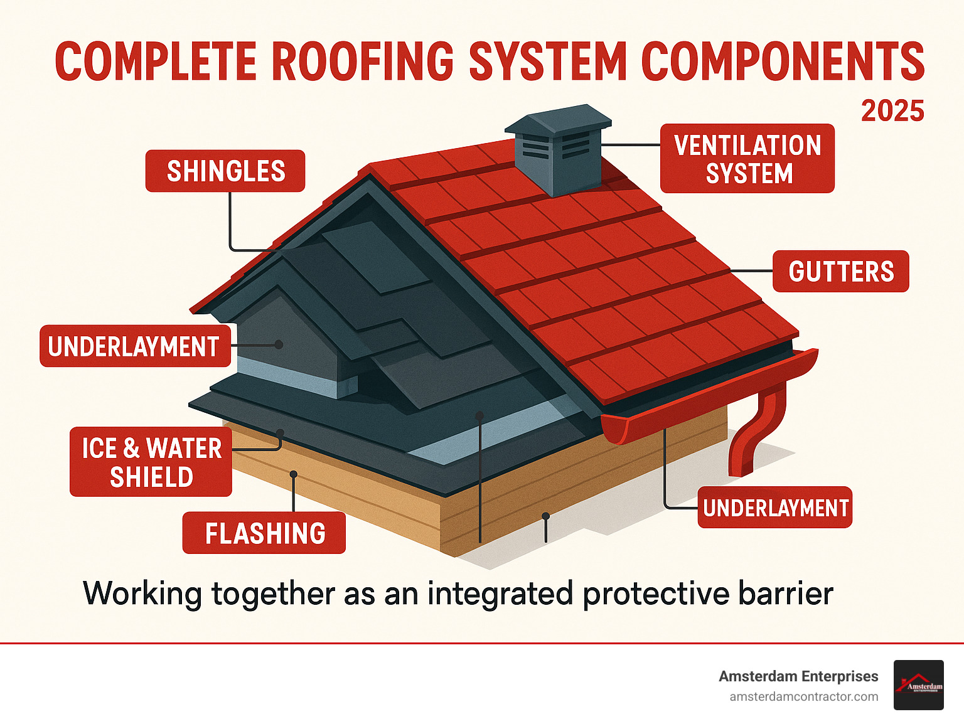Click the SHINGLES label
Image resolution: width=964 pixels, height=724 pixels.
click(x=225, y=171)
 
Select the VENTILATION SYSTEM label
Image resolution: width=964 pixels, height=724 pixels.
click(x=747, y=159)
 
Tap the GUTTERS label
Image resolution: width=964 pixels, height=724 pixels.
click(x=840, y=271)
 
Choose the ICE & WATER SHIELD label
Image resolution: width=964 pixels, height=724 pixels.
click(x=151, y=462)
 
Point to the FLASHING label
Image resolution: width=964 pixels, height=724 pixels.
click(x=264, y=533)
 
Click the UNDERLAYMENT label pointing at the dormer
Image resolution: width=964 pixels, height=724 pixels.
click(x=134, y=346)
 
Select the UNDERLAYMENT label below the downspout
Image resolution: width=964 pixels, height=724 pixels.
click(x=775, y=507)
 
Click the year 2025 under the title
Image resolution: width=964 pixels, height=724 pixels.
click(x=892, y=111)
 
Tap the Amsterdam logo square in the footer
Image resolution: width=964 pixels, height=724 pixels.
click(x=918, y=685)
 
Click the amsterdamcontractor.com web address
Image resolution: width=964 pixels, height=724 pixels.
click(x=803, y=696)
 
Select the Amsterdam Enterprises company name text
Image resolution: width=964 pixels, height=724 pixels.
click(x=798, y=676)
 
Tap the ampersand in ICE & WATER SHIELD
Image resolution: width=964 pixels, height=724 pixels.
click(x=131, y=448)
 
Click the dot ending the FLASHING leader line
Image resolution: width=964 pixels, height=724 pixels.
click(x=293, y=474)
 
